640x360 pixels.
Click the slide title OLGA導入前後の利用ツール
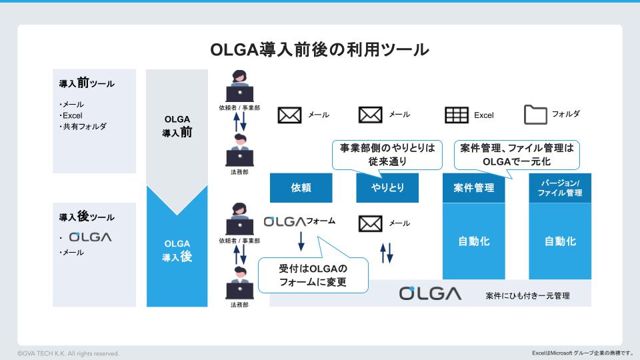pyautogui.click(x=319, y=50)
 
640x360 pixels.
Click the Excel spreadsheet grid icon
pyautogui.click(x=457, y=115)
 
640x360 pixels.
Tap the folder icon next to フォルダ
pyautogui.click(x=535, y=115)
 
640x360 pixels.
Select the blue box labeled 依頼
pyautogui.click(x=301, y=188)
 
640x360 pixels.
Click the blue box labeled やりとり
pyautogui.click(x=387, y=188)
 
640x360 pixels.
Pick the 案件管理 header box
pyautogui.click(x=474, y=188)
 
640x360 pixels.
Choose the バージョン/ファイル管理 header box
pyautogui.click(x=560, y=188)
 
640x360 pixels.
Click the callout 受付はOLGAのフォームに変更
pyautogui.click(x=313, y=276)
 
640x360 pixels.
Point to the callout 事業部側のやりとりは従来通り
pyautogui.click(x=387, y=155)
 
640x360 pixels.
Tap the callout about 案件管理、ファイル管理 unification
pyautogui.click(x=517, y=155)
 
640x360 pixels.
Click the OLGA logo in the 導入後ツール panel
pyautogui.click(x=90, y=237)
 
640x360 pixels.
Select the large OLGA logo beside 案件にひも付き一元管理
pyautogui.click(x=430, y=293)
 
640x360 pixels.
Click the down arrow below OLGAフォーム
pyautogui.click(x=301, y=241)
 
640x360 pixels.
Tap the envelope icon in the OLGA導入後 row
pyautogui.click(x=370, y=223)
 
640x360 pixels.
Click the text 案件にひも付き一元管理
pyautogui.click(x=528, y=295)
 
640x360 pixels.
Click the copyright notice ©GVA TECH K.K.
pyautogui.click(x=69, y=353)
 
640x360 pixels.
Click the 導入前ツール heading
pyautogui.click(x=87, y=84)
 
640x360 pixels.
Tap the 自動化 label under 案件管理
pyautogui.click(x=474, y=241)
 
